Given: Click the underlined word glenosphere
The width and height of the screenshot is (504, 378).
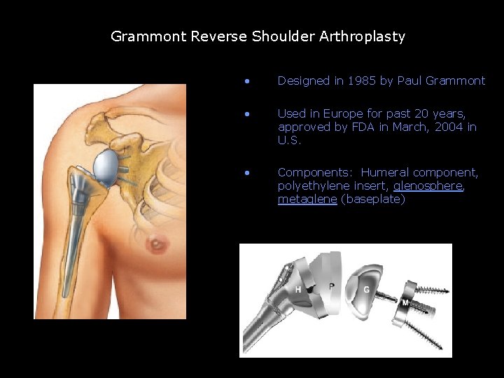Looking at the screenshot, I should [427, 185].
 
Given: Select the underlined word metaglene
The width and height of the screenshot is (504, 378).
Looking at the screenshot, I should [307, 199].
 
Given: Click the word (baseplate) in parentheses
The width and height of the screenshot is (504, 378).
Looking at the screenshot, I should [373, 199].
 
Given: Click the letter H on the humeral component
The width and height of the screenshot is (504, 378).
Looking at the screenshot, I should [299, 289].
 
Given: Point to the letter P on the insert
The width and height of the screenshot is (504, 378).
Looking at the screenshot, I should [331, 286].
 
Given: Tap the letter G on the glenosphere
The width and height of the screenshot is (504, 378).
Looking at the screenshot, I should [367, 289].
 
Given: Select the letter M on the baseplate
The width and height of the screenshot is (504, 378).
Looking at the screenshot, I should [405, 302].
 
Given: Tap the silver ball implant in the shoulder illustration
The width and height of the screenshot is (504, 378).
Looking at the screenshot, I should [105, 164].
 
